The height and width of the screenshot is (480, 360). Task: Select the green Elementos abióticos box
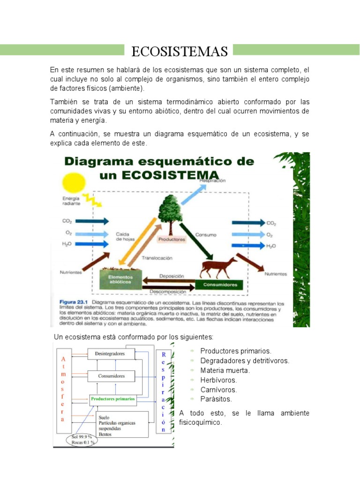(120, 279)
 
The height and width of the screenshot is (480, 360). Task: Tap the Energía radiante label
(71, 202)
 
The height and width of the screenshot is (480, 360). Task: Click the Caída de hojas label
(126, 236)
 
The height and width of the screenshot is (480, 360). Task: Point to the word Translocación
(157, 258)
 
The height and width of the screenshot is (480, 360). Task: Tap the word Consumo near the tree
(205, 234)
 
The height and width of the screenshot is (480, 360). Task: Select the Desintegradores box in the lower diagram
(110, 354)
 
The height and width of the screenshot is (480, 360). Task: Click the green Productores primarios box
(113, 399)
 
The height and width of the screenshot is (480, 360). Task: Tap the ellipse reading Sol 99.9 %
(82, 439)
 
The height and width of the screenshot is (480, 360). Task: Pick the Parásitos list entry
(216, 399)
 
